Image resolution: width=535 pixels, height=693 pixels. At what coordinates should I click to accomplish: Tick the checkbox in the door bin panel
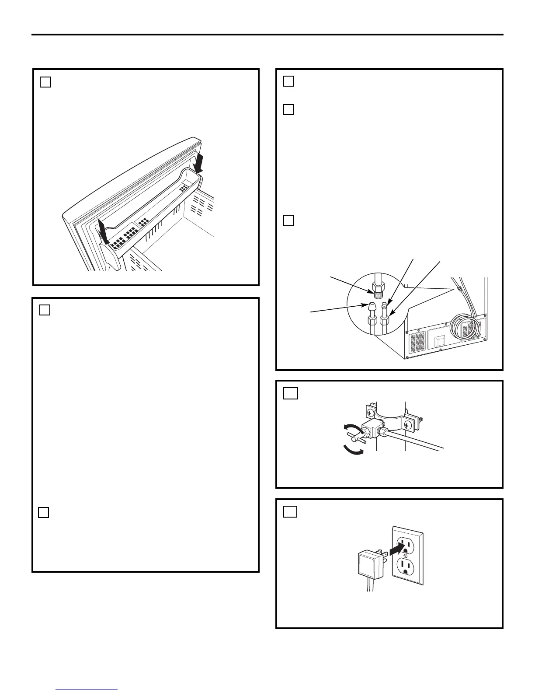(x=45, y=82)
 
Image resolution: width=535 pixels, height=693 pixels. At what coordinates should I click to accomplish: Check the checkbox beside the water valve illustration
(x=291, y=393)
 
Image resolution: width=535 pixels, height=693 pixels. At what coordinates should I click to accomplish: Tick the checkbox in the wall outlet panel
(x=291, y=511)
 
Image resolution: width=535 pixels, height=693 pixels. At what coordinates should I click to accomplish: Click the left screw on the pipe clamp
(x=371, y=412)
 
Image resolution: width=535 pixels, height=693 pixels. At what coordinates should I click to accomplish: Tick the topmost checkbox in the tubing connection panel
(x=288, y=81)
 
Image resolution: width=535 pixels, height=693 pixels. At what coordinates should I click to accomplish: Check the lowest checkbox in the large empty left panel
(x=43, y=512)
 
